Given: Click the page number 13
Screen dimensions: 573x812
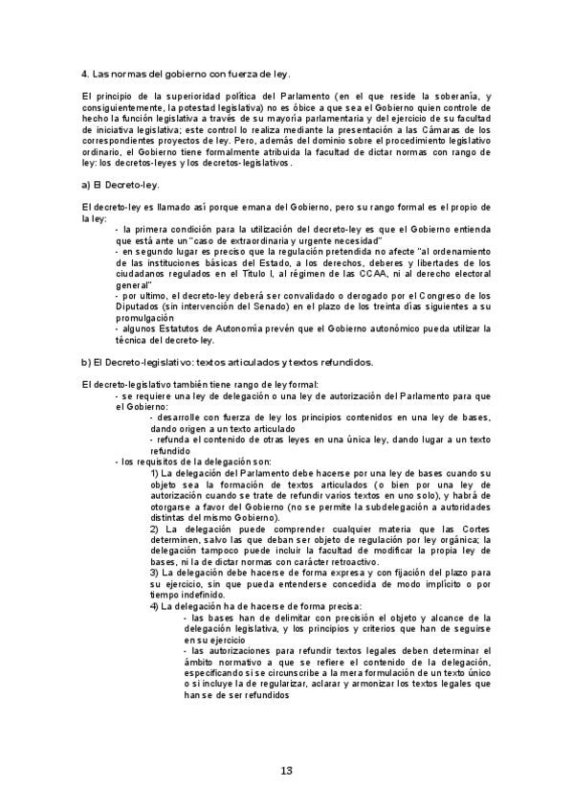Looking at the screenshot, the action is click(286, 772).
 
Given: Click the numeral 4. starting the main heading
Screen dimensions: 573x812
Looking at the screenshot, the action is click(85, 74).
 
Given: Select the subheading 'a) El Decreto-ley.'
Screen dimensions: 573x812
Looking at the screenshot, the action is click(121, 184).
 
